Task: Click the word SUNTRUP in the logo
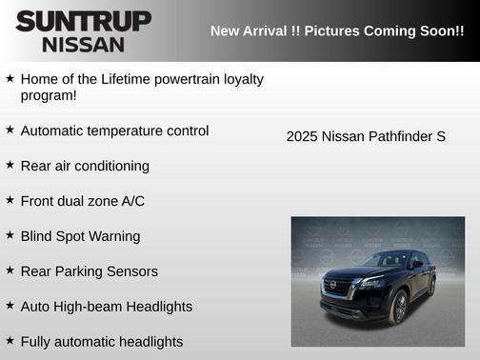coord(83,21)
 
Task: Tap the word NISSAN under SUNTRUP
coord(83,44)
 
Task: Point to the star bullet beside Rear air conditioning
coord(10,165)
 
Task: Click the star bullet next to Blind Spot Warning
coord(10,235)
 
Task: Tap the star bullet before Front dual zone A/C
coord(10,200)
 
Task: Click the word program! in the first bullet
coord(49,95)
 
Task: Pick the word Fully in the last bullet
coord(37,341)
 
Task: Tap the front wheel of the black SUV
coord(399,308)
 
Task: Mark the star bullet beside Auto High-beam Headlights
coord(10,306)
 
